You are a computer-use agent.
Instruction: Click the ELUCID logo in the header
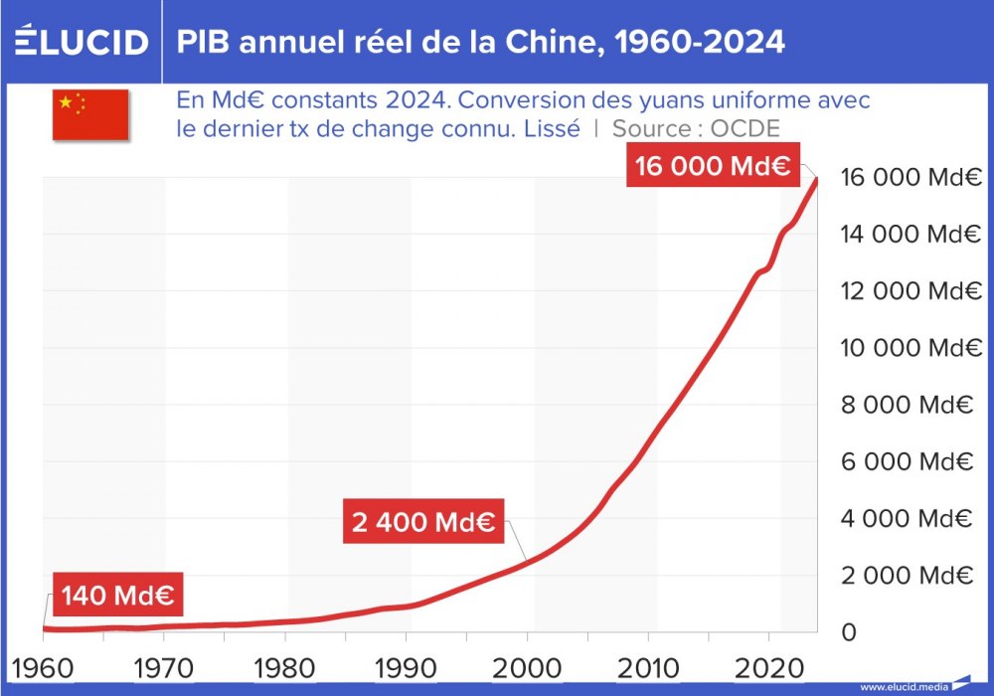(x=82, y=42)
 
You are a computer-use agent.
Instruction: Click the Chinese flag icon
(x=90, y=114)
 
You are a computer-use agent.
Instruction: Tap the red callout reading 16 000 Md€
(x=713, y=166)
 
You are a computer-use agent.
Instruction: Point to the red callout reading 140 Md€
(x=117, y=596)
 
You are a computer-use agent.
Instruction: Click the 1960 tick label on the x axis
(x=42, y=665)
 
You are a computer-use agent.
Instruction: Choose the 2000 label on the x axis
(x=526, y=665)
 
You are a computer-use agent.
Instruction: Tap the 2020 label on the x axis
(x=768, y=665)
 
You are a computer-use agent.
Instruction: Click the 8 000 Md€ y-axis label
(x=905, y=405)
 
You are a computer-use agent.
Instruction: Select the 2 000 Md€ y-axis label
(x=905, y=576)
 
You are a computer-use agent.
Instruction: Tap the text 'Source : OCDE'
(x=696, y=128)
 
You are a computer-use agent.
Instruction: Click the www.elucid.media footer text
(x=903, y=686)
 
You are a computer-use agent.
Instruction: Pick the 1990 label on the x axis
(x=405, y=665)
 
